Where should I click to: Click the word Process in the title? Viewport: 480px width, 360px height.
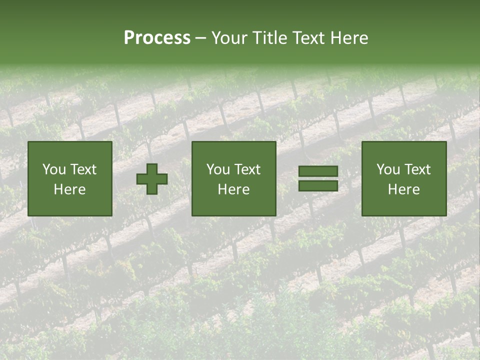(157, 38)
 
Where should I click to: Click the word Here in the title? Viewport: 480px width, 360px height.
(350, 38)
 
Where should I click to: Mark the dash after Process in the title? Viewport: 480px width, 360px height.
(200, 38)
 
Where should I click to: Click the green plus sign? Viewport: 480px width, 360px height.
(152, 179)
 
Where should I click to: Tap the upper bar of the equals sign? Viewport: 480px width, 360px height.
(318, 171)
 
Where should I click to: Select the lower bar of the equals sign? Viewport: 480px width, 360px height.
(318, 185)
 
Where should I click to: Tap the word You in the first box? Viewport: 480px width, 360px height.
(54, 169)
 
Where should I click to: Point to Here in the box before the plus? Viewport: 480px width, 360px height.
(69, 189)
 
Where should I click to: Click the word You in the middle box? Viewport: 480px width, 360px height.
(218, 169)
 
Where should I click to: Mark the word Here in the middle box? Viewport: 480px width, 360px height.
(233, 189)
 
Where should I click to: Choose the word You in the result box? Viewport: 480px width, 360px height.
(388, 169)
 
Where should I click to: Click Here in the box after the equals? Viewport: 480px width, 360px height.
(403, 189)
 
